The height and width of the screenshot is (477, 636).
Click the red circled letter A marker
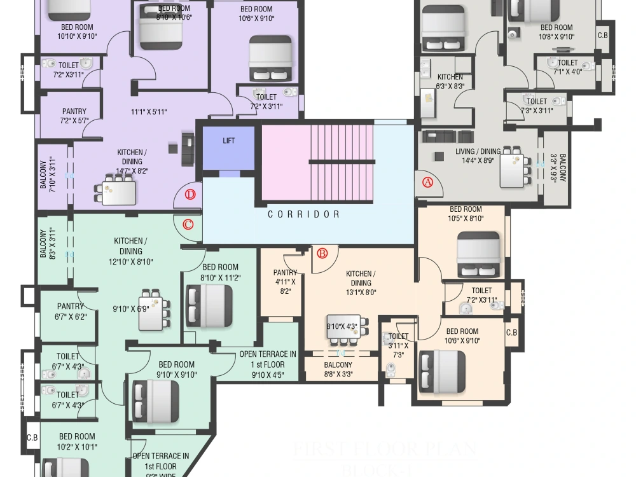coord(427,182)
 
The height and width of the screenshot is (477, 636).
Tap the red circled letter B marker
coord(322,254)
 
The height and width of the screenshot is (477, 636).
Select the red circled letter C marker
coord(188,225)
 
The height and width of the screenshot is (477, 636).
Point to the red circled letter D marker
coord(189,195)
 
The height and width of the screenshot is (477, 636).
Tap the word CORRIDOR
coord(304,214)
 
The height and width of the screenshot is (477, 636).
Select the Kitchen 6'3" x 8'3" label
coord(450,81)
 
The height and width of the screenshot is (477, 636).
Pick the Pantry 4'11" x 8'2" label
coord(285,281)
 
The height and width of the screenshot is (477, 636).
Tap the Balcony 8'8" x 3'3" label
coord(338,370)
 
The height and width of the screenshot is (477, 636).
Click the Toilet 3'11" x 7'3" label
coord(398,345)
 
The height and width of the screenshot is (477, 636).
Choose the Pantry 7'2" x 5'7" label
coord(74,116)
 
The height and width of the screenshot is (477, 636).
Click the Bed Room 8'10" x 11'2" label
coord(220,272)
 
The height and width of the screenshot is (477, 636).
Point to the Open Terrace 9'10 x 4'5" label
coord(267,364)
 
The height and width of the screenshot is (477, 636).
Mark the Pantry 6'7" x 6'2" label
coord(70,311)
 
